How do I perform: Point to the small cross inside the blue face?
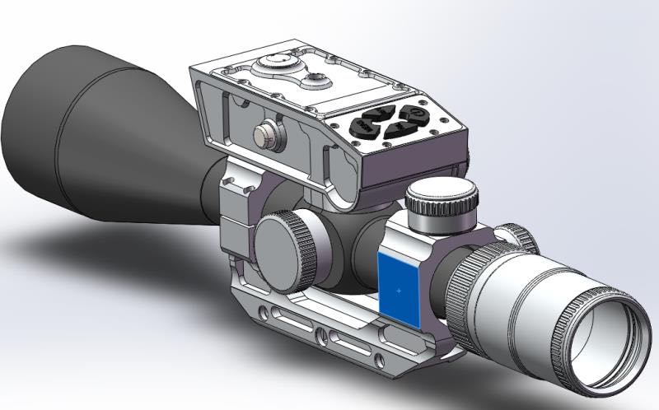tap(400, 290)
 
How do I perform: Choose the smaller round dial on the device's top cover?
tap(315, 79)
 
